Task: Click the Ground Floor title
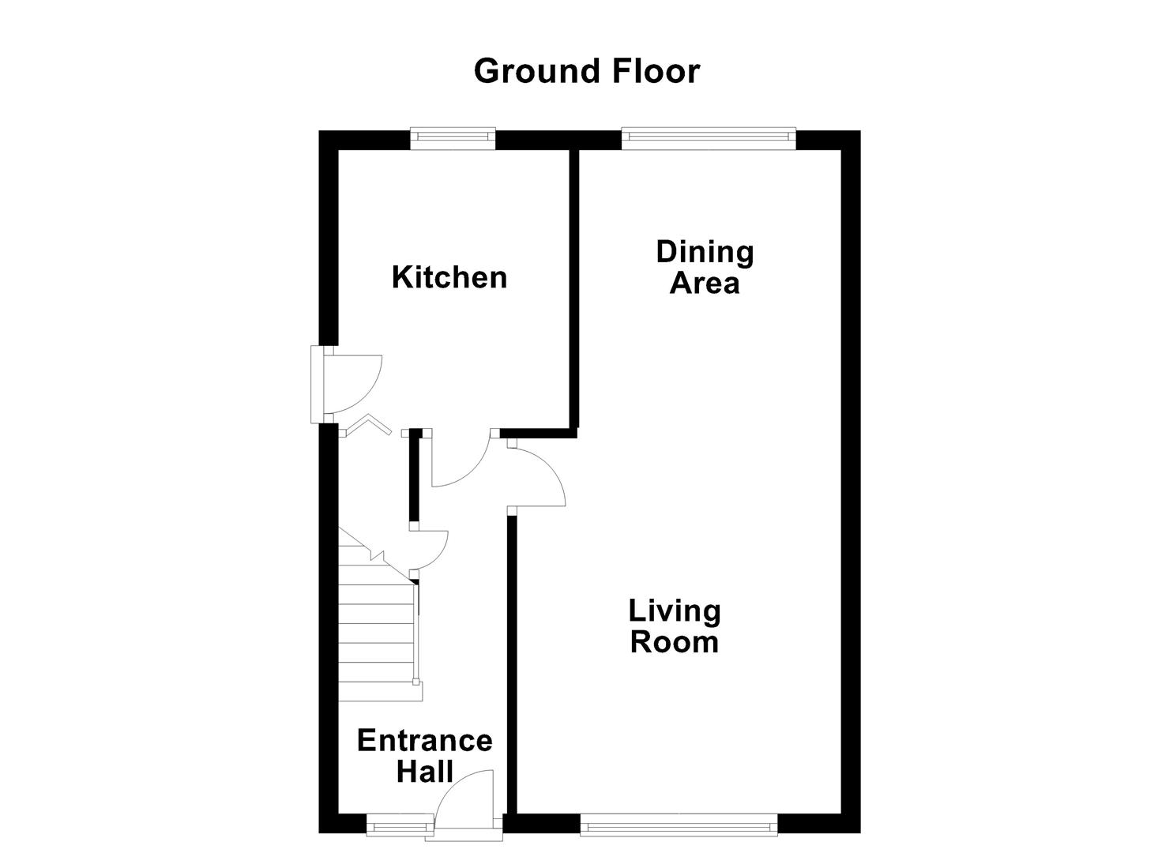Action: coord(586,71)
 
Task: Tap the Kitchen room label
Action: coord(449,278)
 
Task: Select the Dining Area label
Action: coord(705,267)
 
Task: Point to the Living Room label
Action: coord(675,626)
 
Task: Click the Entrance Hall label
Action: coord(424,755)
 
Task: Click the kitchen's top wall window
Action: coord(453,139)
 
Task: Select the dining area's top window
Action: coord(708,139)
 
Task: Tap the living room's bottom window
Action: coord(679,825)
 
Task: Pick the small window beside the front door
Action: coord(400,826)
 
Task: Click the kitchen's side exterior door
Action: coord(348,385)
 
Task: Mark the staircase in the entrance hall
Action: coord(378,632)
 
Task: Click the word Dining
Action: coord(705,252)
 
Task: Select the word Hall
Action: coord(424,771)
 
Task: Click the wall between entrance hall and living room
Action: coord(511,663)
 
